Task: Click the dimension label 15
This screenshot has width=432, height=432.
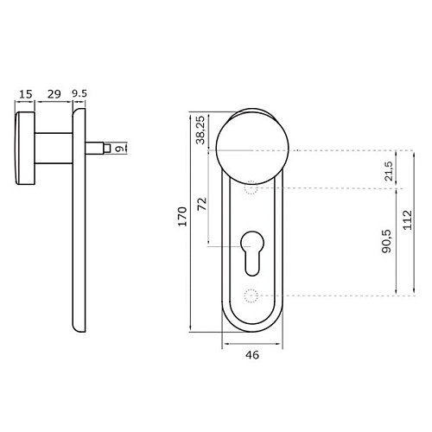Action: pos(26,94)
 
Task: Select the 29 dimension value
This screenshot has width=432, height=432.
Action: pos(54,94)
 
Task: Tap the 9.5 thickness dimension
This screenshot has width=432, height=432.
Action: pos(79,94)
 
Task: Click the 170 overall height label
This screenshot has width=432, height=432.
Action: pos(182,217)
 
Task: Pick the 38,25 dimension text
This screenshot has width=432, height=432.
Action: pos(200,130)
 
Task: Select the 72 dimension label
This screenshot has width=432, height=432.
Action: pos(202,204)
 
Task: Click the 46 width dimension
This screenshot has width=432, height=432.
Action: pos(252,355)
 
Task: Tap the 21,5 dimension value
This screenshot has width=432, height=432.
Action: pos(389,171)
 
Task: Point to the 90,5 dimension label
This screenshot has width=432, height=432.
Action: pos(386,241)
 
